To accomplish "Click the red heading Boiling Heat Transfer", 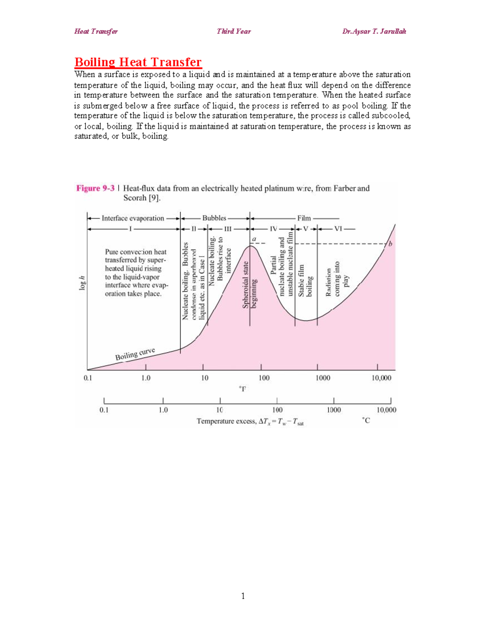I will pyautogui.click(x=138, y=62).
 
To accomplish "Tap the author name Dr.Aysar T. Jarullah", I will pyautogui.click(x=374, y=32).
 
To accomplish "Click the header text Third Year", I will pyautogui.click(x=234, y=32).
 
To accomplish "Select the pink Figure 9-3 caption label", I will pyautogui.click(x=95, y=188).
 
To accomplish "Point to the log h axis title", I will pyautogui.click(x=82, y=283).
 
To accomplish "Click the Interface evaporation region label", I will pyautogui.click(x=133, y=218).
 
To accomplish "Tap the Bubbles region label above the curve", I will pyautogui.click(x=214, y=218).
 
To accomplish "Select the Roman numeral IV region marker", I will pyautogui.click(x=274, y=229).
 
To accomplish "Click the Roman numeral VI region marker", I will pyautogui.click(x=338, y=229).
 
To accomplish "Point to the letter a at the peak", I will pyautogui.click(x=254, y=239).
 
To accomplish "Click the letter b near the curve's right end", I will pyautogui.click(x=390, y=244).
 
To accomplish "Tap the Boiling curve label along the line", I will pyautogui.click(x=135, y=354).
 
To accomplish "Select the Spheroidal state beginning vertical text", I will pyautogui.click(x=249, y=285).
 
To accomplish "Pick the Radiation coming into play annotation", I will pyautogui.click(x=337, y=279).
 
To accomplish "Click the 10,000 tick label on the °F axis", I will pyautogui.click(x=382, y=378).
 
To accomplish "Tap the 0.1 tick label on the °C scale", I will pyautogui.click(x=104, y=410).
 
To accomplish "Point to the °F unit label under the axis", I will pyautogui.click(x=242, y=389).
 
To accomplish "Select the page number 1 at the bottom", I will pyautogui.click(x=243, y=596).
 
